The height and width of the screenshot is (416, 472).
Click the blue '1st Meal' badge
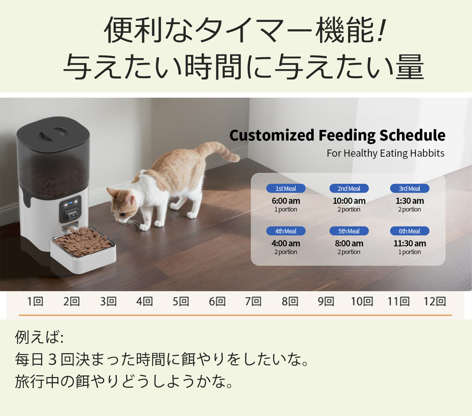point(286,189)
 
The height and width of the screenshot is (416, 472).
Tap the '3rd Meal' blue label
point(409,189)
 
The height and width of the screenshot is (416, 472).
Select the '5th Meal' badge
point(349,231)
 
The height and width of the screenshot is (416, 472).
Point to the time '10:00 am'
point(349,201)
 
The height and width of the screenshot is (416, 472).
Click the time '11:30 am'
point(410,243)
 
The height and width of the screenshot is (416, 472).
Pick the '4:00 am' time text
point(286,243)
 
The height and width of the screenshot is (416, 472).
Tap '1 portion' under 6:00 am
point(286,209)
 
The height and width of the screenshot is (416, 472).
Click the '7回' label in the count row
point(253,301)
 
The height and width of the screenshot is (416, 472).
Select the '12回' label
point(435,301)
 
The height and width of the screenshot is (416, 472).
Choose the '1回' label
point(35,301)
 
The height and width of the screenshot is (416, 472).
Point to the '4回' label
point(144,301)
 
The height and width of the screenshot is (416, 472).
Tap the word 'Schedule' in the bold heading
point(412,135)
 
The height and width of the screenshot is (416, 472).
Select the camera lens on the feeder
point(72,216)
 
